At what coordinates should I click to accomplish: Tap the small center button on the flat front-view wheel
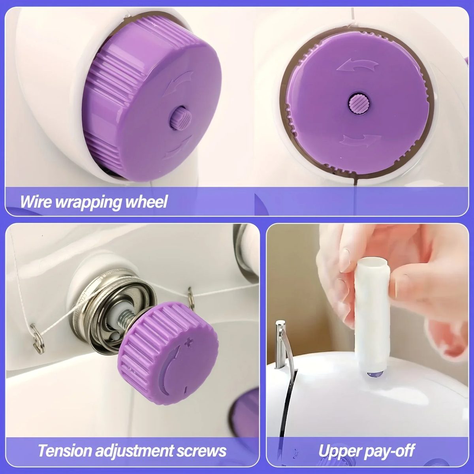[x=359, y=104]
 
